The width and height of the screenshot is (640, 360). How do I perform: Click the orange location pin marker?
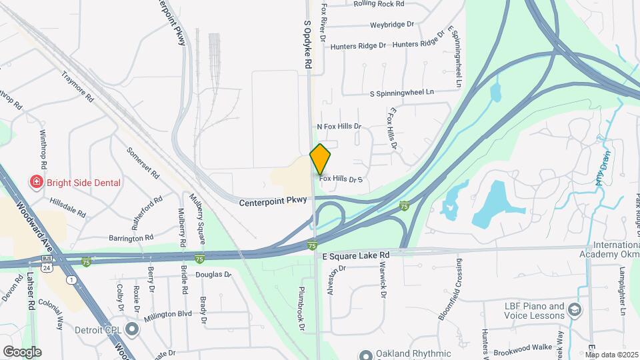point(320,159)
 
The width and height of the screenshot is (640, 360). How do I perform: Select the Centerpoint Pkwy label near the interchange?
point(273,200)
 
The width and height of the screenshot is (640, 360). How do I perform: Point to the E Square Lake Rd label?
point(355,256)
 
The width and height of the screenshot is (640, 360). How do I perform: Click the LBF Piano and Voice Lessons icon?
point(575,309)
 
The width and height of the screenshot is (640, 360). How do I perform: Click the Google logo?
point(22,351)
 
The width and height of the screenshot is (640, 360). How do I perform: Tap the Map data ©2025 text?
point(611,355)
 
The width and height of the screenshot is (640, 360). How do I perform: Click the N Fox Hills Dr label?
point(339,126)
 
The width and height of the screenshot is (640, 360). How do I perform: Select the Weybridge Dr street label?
point(392,25)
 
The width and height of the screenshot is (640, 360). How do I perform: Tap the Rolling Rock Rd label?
point(379,4)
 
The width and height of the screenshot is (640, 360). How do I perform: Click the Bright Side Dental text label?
point(84,183)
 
